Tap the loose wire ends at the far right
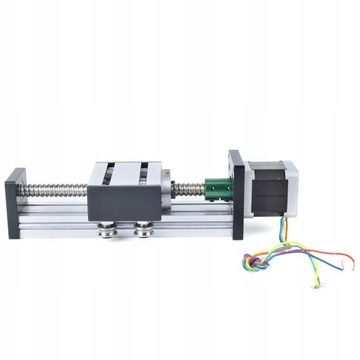pos(350,268)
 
